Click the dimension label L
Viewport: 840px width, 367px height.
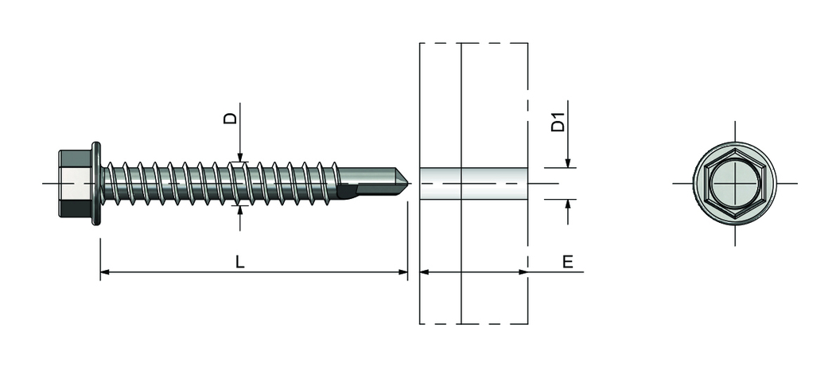pos(240,262)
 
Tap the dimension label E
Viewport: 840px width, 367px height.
pos(568,262)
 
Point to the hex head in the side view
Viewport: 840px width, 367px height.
pos(75,183)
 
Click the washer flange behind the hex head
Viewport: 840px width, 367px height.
pos(96,183)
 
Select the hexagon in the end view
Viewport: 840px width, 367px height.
pos(734,183)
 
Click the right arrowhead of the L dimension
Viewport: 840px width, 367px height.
pos(402,272)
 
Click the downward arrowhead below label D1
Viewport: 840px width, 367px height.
pos(568,162)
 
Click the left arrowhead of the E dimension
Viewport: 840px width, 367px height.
pos(425,272)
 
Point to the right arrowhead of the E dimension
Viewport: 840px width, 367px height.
pos(523,272)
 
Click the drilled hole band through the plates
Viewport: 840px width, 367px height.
pos(473,183)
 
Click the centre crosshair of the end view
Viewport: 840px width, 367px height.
pos(734,183)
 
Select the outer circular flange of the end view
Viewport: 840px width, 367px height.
pos(734,143)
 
